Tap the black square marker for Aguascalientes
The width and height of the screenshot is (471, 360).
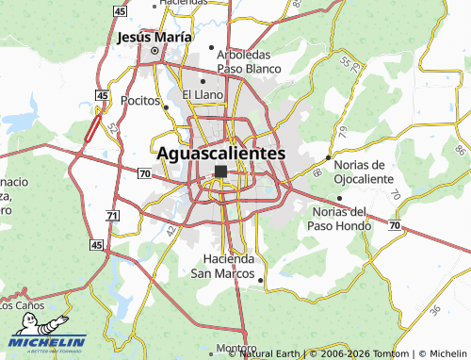tap(220, 172)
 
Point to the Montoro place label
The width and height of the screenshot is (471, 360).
tap(235, 347)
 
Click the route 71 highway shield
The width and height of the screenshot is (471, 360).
tap(112, 216)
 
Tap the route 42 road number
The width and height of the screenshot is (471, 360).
tap(171, 229)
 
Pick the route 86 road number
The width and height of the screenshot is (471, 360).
tap(460, 150)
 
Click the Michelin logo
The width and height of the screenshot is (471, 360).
tap(47, 344)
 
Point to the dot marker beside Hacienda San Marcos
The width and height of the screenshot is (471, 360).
tap(260, 278)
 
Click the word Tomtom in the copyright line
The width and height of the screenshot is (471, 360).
tap(382, 353)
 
